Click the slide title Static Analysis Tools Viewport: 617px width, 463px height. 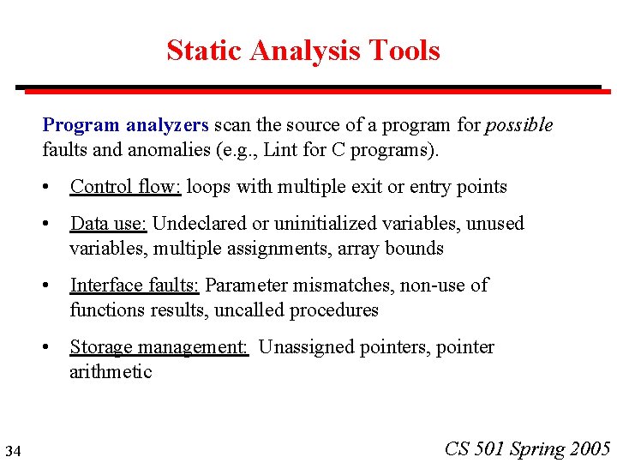303,50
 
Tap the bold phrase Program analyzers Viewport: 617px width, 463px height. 125,125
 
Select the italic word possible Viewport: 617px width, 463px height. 518,125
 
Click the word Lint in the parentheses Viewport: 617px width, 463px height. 280,150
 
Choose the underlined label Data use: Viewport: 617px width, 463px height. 109,224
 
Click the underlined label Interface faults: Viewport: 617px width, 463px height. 135,286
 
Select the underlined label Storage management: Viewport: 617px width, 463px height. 159,347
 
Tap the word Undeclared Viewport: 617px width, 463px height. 200,224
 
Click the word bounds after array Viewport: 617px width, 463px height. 414,249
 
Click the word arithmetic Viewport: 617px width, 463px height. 111,372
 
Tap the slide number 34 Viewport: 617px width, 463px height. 13,450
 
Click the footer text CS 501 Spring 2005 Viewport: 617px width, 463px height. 527,448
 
